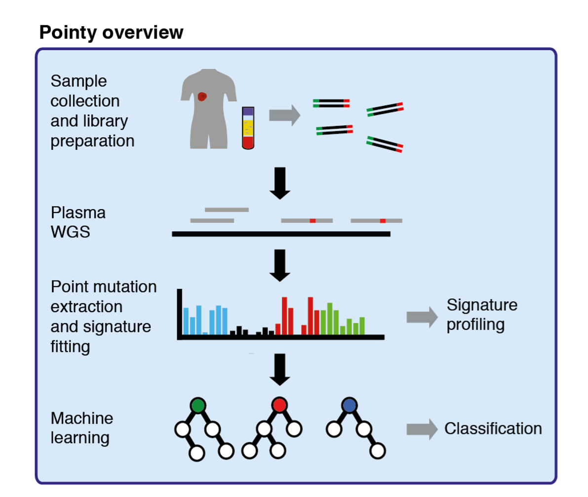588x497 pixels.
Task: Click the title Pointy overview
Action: (111, 33)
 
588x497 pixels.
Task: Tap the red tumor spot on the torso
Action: (201, 97)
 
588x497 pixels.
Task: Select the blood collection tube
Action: (247, 128)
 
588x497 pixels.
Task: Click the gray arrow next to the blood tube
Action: (284, 115)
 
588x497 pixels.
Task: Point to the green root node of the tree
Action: (197, 405)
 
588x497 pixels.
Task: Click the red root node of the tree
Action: (279, 405)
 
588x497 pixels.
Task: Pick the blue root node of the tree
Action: (349, 405)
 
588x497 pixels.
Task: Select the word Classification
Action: (493, 428)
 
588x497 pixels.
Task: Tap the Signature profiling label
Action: (482, 315)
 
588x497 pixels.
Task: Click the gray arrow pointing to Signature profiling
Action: (422, 317)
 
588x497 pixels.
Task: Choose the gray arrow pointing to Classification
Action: (422, 429)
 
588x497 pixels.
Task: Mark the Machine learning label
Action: (82, 427)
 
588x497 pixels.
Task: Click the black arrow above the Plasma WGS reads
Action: (280, 183)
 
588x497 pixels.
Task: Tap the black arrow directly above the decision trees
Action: (280, 369)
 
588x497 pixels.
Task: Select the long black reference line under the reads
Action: (281, 234)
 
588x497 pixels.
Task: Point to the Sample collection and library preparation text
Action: (92, 111)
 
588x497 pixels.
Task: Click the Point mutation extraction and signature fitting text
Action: (103, 317)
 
